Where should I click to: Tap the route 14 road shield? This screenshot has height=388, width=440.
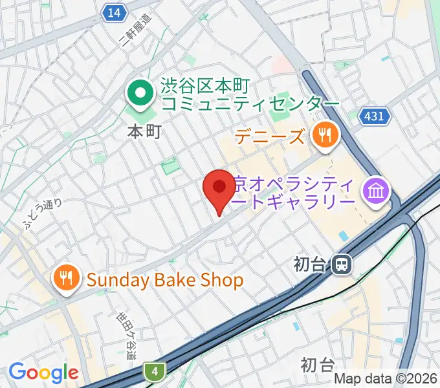(115, 12)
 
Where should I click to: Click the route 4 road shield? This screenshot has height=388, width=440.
(155, 371)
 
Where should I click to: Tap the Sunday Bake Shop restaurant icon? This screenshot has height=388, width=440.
(67, 279)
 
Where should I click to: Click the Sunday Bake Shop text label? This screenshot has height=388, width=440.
(165, 280)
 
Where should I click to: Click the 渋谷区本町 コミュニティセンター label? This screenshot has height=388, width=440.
(249, 95)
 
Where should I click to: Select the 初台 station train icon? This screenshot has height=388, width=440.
(341, 264)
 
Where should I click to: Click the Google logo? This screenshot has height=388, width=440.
(43, 372)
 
